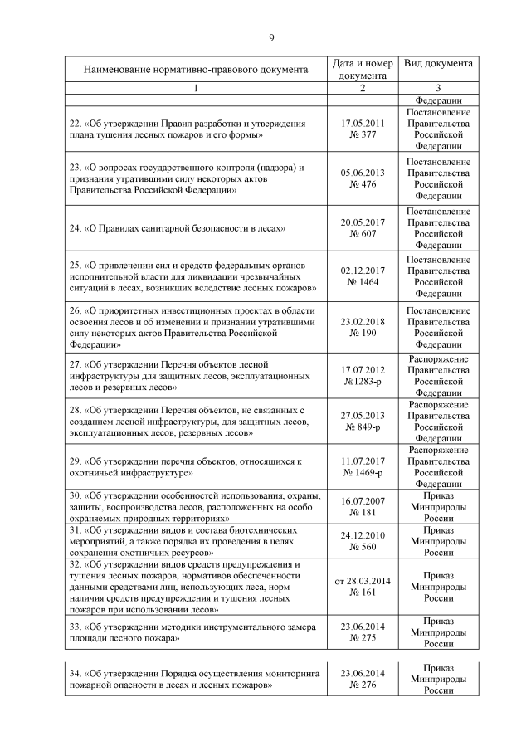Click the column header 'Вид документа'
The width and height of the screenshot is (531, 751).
438,64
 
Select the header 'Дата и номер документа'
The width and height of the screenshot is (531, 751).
362,70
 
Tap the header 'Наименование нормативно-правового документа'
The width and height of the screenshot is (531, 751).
195,70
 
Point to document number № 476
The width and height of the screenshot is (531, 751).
362,184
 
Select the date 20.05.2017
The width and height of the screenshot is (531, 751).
362,222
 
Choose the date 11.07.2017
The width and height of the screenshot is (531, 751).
362,461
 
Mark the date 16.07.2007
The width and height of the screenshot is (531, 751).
362,502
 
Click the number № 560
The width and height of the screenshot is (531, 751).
362,548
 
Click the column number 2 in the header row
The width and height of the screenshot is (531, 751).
362,88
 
